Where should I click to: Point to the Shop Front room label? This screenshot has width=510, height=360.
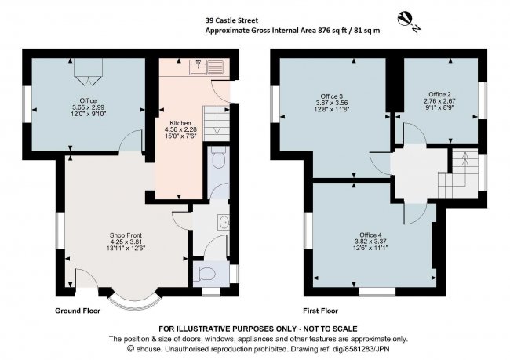pos(126,234)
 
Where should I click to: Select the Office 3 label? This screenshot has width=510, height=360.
pos(333,95)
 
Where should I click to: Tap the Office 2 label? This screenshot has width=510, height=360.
pos(439,93)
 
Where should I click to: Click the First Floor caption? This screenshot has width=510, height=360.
pos(321,311)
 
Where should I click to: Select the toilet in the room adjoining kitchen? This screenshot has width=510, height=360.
pos(219,161)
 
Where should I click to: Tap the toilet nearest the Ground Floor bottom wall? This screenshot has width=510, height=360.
pos(205,273)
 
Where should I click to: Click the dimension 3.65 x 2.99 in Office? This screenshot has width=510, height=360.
pos(88,107)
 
